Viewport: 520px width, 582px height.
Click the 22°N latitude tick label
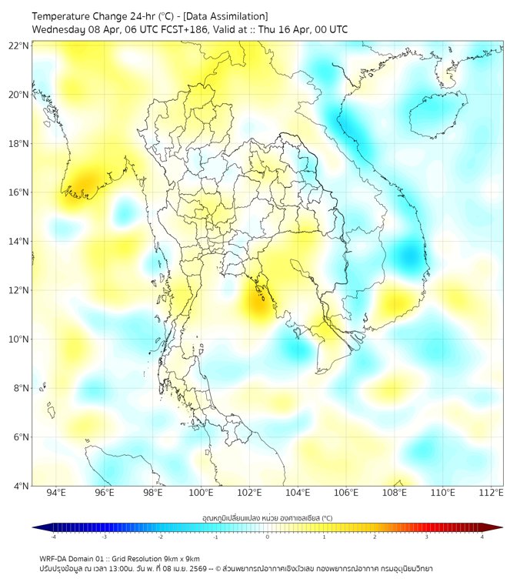(x=19, y=45)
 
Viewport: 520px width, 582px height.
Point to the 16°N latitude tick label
(x=19, y=192)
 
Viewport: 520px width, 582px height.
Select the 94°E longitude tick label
(x=56, y=493)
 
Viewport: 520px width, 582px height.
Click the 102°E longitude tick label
(x=250, y=493)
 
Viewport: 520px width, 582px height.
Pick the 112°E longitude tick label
(x=491, y=493)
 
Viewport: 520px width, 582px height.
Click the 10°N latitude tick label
(x=19, y=339)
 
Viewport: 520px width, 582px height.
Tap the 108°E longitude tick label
(x=395, y=493)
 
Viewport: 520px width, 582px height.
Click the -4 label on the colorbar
(x=52, y=537)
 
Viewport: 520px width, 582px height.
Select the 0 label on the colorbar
(x=268, y=537)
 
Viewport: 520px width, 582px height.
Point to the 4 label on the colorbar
(x=482, y=537)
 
